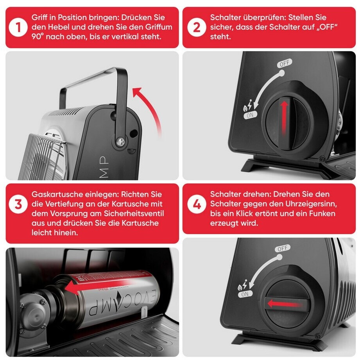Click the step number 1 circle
[18, 27]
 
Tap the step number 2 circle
[197, 27]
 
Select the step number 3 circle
[18, 204]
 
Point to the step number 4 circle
[197, 204]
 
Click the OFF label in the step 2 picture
[285, 63]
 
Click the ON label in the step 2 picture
[250, 115]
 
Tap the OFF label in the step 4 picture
[282, 249]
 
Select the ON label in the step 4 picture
[245, 294]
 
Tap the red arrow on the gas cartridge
[97, 285]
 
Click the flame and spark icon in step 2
[248, 106]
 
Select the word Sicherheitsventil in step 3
[134, 213]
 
